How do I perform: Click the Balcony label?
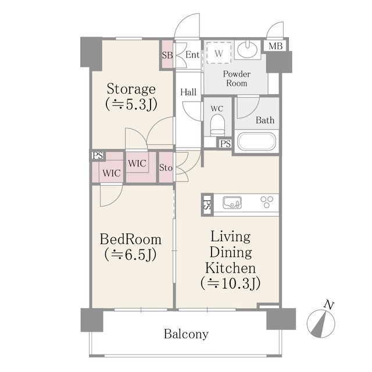coord(186,334)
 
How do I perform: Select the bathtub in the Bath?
coord(256,142)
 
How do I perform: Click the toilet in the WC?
coord(217,125)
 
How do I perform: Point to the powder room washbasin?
coord(247,49)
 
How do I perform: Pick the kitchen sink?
coord(232,203)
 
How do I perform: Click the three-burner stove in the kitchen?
coord(267,202)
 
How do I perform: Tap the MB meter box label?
coord(276,46)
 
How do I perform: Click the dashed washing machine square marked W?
coord(219,53)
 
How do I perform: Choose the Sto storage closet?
coord(166,167)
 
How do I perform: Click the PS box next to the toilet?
coord(225,144)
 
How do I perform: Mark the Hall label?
coord(188,92)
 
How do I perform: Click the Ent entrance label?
coord(192,55)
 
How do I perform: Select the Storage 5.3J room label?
coord(131,96)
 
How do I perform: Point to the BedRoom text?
coord(131,239)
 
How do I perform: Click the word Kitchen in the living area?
coord(231,268)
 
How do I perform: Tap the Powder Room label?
coord(237,78)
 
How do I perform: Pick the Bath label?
coord(265,120)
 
